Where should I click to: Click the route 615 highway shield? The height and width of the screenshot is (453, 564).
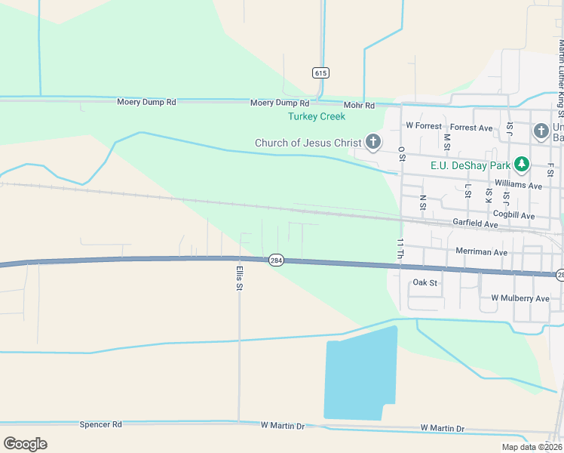click(x=320, y=72)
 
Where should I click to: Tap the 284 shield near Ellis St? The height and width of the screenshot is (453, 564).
click(x=276, y=259)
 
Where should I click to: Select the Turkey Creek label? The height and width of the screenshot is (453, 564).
click(x=317, y=116)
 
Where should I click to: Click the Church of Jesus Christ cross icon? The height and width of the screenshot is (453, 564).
click(x=372, y=142)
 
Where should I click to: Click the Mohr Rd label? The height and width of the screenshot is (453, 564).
click(x=359, y=106)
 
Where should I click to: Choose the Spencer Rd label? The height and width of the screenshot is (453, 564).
click(x=100, y=425)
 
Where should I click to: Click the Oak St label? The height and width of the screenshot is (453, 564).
click(x=425, y=282)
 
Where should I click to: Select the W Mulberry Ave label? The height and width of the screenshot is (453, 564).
click(x=520, y=298)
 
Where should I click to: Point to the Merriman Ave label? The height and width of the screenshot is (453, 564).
click(x=481, y=251)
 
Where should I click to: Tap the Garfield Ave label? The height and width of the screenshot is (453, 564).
click(x=475, y=224)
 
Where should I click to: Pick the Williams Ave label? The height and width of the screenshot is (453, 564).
click(x=519, y=185)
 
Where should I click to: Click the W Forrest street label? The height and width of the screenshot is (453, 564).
click(x=422, y=125)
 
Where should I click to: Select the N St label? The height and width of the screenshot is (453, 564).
click(x=422, y=204)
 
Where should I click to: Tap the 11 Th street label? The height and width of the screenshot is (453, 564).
click(x=400, y=248)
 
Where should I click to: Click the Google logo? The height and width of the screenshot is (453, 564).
click(x=26, y=444)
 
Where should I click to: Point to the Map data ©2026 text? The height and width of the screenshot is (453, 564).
click(x=531, y=447)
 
